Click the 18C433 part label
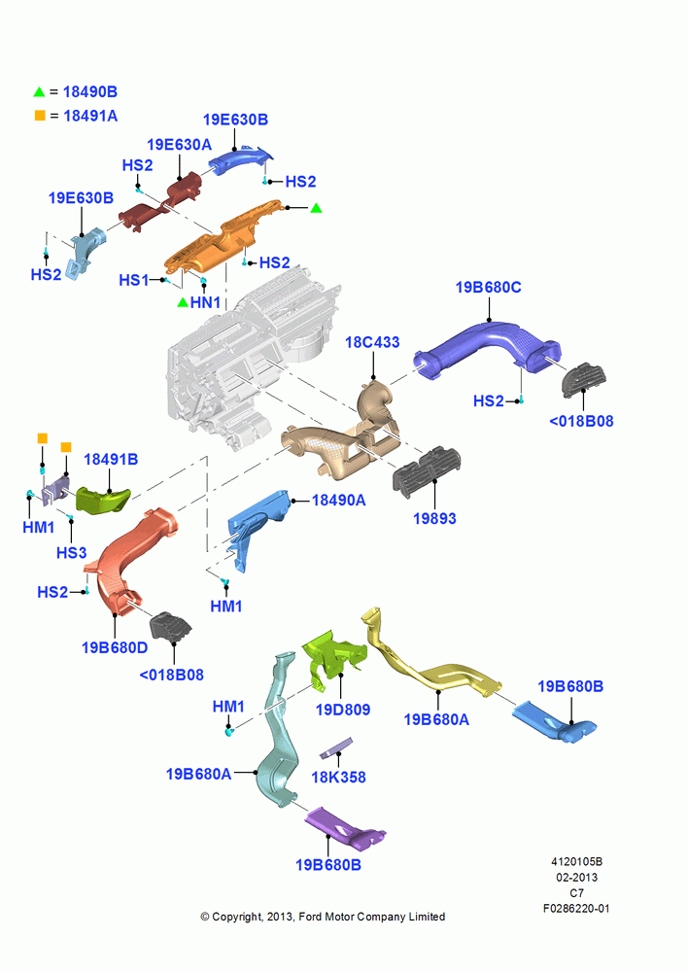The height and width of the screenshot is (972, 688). point(372,342)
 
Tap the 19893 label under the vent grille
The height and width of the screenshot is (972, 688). point(434,518)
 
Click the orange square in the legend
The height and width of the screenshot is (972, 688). point(40,116)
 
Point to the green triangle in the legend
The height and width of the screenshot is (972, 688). point(39,91)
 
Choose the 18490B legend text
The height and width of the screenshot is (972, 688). point(89,91)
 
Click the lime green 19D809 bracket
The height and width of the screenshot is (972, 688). point(333,658)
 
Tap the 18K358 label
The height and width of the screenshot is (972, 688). point(338,777)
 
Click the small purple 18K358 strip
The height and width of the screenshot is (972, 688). point(336,748)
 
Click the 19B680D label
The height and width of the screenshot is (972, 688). point(115,647)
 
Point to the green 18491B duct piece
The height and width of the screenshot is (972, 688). point(103,501)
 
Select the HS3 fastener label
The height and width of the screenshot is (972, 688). point(71,552)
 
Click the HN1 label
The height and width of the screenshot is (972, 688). point(205,302)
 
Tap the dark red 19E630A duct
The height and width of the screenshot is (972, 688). point(160,200)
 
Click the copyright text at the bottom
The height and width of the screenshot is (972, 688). point(323,917)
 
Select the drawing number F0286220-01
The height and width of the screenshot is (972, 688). point(576,908)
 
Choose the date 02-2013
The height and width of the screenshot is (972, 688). point(576,877)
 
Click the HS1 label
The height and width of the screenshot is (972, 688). point(134,280)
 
